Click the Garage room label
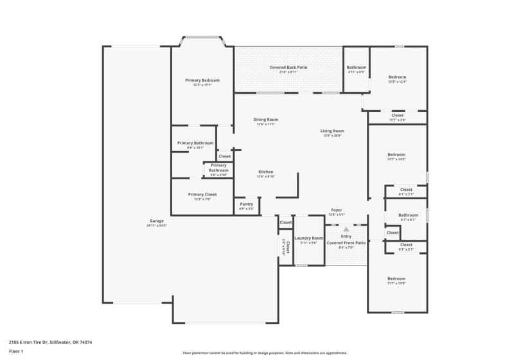[157, 221]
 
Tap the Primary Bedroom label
[202, 80]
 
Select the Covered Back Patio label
[288, 67]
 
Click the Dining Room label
[265, 119]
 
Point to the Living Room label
[332, 131]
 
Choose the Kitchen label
[265, 172]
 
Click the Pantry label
[247, 204]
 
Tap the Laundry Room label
[309, 238]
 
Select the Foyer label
[337, 210]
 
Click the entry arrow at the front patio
[346, 229]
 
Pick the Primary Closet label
[202, 194]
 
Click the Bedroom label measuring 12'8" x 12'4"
[397, 77]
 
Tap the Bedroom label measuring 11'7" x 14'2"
[396, 154]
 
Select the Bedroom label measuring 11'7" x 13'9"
[396, 278]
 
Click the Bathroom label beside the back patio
[357, 67]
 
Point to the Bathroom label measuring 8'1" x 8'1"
[408, 215]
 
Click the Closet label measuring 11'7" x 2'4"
[398, 115]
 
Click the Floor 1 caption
[16, 351]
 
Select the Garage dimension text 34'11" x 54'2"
[157, 226]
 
